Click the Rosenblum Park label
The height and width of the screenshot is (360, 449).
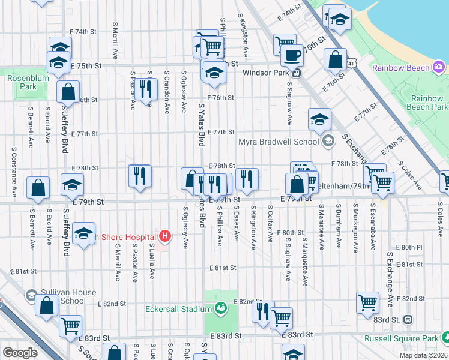point(22,82)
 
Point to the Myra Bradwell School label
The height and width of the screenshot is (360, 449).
point(279,142)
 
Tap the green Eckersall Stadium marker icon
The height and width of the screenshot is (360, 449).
point(221,309)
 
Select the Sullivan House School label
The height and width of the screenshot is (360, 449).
point(69,296)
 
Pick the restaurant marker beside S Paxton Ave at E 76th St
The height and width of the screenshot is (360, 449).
point(145,88)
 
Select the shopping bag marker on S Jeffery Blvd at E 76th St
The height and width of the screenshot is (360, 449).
point(68,92)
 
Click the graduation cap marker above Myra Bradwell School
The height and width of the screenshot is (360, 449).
point(320,119)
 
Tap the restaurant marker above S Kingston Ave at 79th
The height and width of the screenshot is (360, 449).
point(247,178)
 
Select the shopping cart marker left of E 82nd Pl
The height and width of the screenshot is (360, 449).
point(368,303)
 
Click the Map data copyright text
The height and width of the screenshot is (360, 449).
point(424,355)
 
